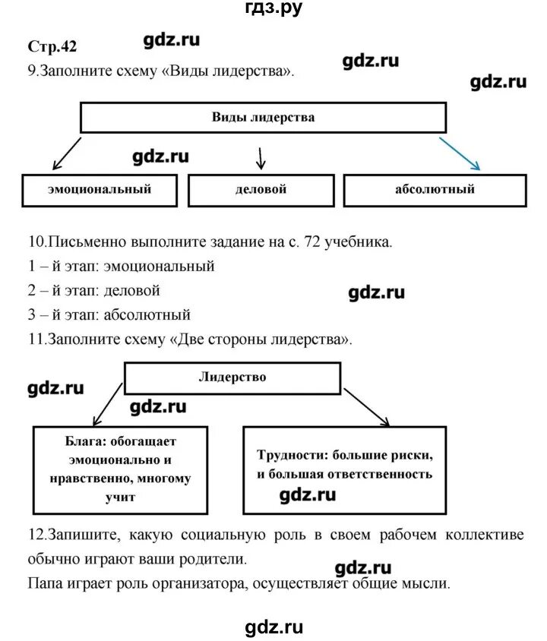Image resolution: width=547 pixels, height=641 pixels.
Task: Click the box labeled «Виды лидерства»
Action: (x=262, y=118)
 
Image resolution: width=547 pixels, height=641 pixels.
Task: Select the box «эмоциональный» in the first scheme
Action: (x=99, y=189)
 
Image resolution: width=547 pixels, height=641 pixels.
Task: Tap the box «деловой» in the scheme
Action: (x=261, y=189)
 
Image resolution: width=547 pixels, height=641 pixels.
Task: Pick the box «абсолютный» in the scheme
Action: (x=435, y=189)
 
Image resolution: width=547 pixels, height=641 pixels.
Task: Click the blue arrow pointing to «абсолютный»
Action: (x=460, y=153)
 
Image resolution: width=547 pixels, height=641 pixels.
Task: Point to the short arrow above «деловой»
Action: (x=261, y=157)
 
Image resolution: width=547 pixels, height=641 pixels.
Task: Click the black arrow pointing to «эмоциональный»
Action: (x=65, y=154)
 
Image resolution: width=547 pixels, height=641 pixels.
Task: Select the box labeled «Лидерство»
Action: (x=232, y=377)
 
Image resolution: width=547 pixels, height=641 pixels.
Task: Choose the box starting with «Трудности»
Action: (x=344, y=465)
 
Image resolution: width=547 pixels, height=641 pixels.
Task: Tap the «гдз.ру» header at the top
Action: (x=273, y=8)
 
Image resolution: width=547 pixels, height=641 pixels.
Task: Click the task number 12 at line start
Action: (x=34, y=535)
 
